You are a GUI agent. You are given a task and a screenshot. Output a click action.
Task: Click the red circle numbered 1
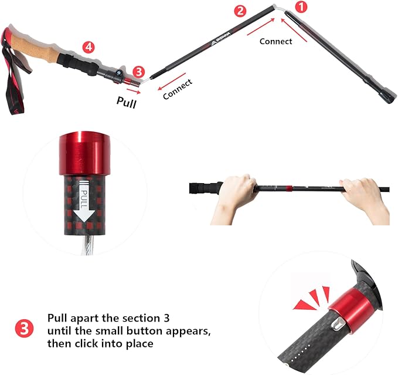pos(301,8)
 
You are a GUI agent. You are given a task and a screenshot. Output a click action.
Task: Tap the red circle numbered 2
pos(240,11)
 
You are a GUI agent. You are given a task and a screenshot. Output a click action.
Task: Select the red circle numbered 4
pos(87,46)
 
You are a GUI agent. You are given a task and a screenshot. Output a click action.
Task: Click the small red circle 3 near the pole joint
pos(138,72)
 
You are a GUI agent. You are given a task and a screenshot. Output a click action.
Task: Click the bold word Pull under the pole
pos(127,103)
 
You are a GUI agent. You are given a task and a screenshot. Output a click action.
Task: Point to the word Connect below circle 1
pos(276,41)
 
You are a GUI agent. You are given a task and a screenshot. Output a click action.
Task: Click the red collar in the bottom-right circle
pos(349,301)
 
